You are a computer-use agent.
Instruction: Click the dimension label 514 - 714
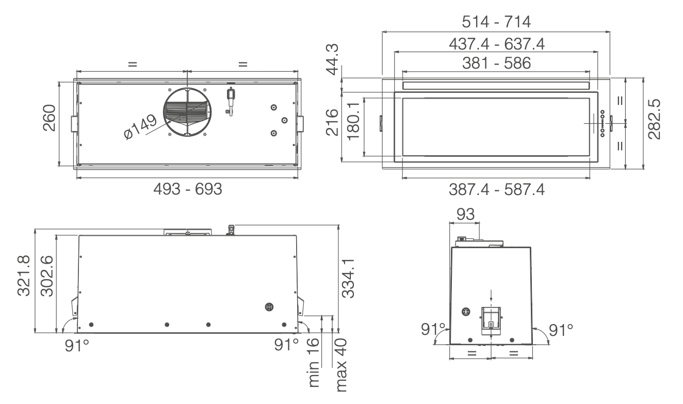(x=496, y=22)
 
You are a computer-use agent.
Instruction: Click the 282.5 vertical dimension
(x=655, y=120)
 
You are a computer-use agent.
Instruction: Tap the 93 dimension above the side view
(x=464, y=215)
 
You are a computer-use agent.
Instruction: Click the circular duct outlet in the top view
(x=187, y=112)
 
